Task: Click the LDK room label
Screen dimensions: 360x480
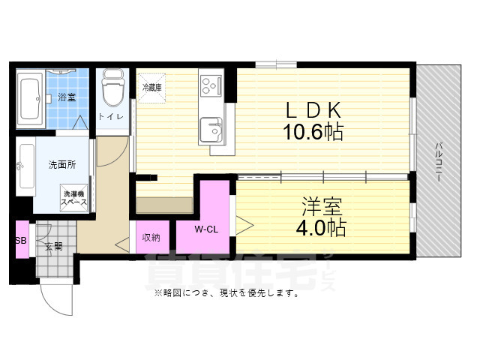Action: (313, 109)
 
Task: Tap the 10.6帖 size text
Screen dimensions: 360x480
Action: (313, 133)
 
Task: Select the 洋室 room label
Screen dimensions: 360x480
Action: (324, 205)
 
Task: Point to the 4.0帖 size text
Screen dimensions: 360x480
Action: (324, 228)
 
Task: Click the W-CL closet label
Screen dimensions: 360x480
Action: (205, 229)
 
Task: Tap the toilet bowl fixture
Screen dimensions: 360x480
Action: (112, 89)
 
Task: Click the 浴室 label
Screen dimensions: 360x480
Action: (66, 97)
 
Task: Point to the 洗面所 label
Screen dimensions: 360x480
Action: (61, 164)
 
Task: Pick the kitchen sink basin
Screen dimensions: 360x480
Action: (211, 130)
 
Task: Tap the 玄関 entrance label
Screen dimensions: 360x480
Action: (53, 247)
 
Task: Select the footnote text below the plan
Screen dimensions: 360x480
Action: (226, 293)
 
